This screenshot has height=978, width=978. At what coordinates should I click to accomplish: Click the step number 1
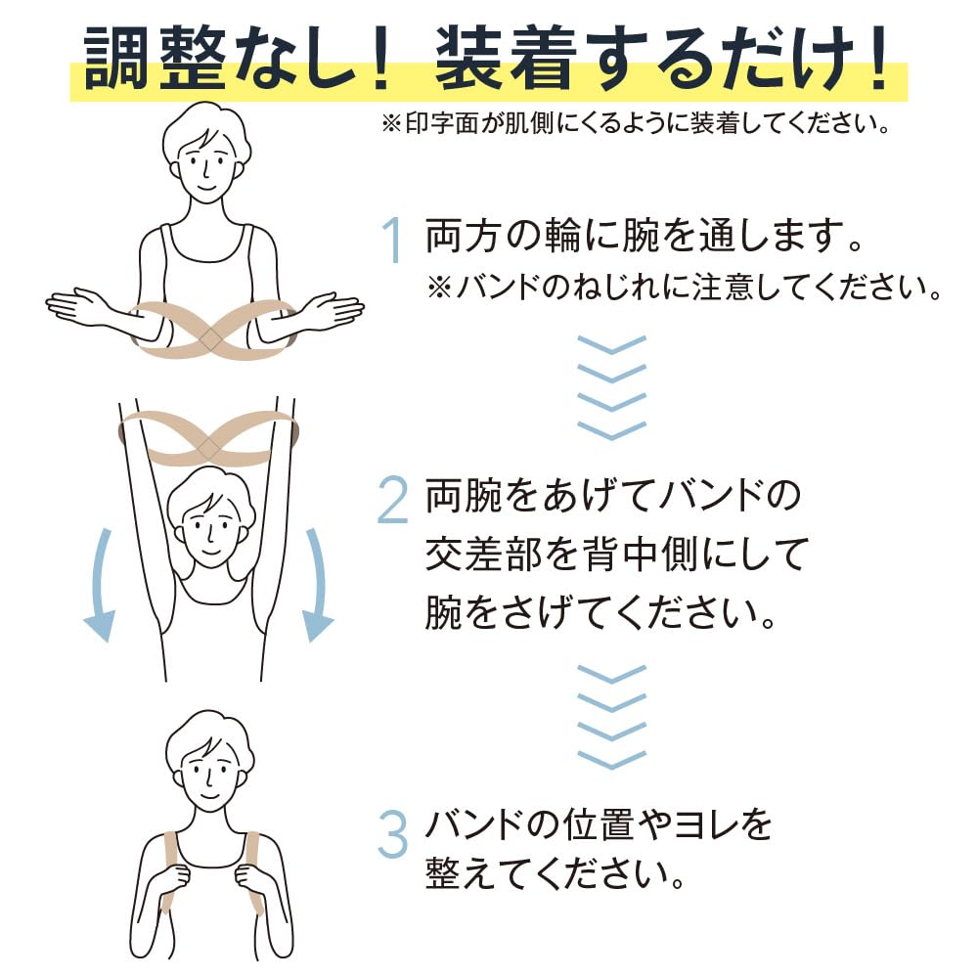(392, 242)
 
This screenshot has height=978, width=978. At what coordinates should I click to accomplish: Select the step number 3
(392, 833)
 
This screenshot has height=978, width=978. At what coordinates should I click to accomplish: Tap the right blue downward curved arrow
(315, 587)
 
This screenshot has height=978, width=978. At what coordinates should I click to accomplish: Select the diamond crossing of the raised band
(207, 447)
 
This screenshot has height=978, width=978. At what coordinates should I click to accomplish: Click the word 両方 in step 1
(460, 238)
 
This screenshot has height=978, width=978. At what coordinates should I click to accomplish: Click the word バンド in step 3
(476, 826)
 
